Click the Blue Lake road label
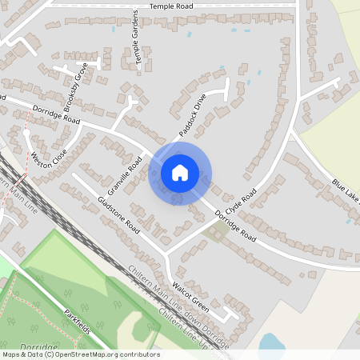(x=346, y=191)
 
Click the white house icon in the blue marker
(x=180, y=172)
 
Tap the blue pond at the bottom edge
(x=271, y=345)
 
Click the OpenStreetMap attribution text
(x=80, y=354)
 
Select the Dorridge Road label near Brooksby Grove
(x=56, y=113)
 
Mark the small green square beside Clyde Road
(x=218, y=233)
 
